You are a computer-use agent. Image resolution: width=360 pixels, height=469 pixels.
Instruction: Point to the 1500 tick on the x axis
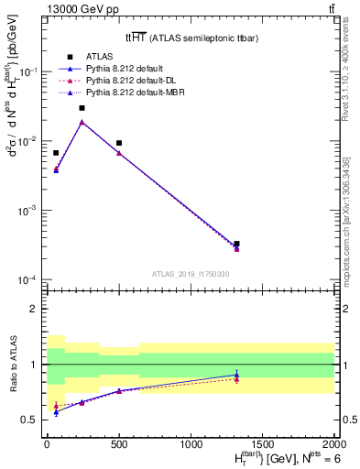coord(263,442)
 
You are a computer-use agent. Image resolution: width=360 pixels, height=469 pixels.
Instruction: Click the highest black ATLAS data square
coord(82,108)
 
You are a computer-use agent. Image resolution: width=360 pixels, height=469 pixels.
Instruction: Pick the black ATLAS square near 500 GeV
coord(119,143)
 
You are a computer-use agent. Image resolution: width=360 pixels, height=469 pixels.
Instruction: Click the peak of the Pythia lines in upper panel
coord(82,122)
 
